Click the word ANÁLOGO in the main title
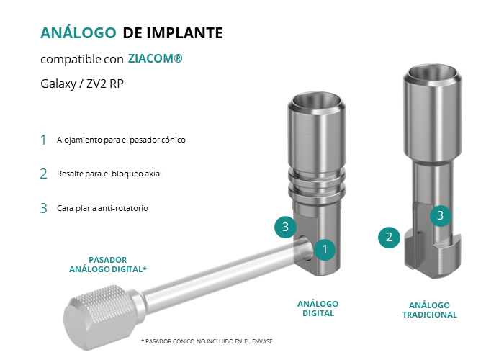78,32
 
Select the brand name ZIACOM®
156,58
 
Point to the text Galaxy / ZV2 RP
82,84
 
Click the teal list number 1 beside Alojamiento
43,140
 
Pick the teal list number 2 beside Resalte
43,174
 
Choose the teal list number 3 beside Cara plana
43,208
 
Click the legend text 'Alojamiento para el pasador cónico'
121,140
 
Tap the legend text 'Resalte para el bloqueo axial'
109,174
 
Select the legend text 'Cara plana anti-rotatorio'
102,208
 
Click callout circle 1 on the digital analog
325,249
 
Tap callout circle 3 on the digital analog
285,227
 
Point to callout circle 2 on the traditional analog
389,238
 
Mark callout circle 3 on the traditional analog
441,215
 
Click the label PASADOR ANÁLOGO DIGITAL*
108,264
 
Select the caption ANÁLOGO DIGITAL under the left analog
318,309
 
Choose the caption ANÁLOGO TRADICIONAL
430,310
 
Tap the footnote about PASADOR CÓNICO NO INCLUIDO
207,341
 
